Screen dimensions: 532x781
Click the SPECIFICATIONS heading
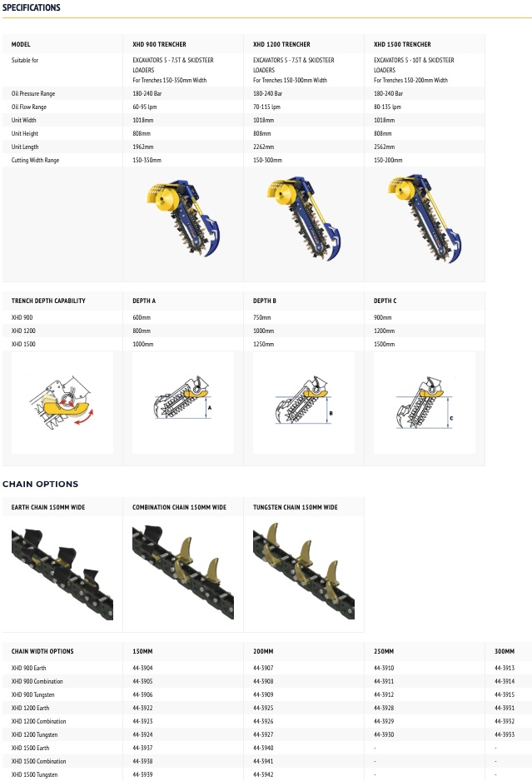click(x=32, y=7)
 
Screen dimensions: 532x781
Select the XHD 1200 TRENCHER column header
click(x=281, y=44)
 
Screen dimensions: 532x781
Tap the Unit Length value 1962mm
click(x=143, y=147)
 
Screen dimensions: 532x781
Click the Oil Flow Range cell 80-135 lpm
click(x=387, y=107)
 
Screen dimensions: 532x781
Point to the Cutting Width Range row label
click(x=35, y=161)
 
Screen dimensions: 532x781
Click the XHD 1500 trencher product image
click(x=425, y=218)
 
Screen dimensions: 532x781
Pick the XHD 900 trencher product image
click(x=184, y=218)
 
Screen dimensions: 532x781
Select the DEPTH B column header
click(x=265, y=301)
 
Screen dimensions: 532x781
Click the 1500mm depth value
click(x=384, y=344)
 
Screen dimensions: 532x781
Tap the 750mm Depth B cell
click(x=262, y=317)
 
